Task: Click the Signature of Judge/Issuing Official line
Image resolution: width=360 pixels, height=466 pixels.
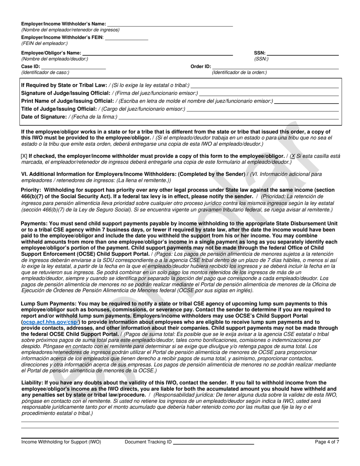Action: tap(269, 93)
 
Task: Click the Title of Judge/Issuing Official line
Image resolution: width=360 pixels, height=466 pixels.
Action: tap(263, 109)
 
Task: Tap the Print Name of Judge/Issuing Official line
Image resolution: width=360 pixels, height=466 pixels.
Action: tap(306, 101)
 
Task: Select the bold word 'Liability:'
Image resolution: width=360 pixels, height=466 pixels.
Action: tap(32, 383)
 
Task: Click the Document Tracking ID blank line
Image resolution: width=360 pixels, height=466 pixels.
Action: tap(213, 442)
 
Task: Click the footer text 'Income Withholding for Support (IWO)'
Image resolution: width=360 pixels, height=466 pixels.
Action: tap(61, 442)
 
